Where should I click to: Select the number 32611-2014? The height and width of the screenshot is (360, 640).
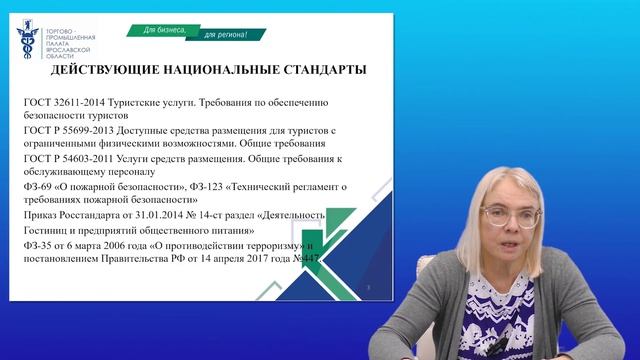point(84,103)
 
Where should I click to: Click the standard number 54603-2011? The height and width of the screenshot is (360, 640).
point(90,158)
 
